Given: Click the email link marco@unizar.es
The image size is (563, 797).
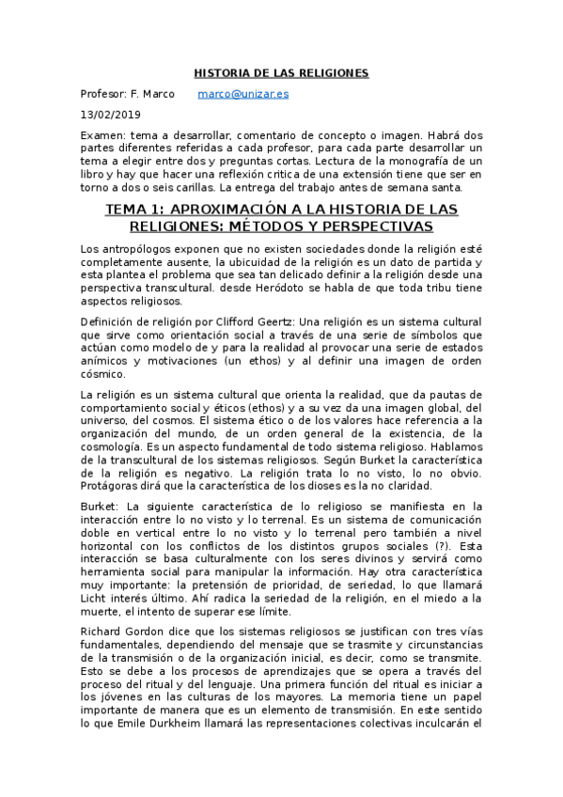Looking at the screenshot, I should [243, 94].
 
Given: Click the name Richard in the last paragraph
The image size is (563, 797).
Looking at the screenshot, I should [106, 633].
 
